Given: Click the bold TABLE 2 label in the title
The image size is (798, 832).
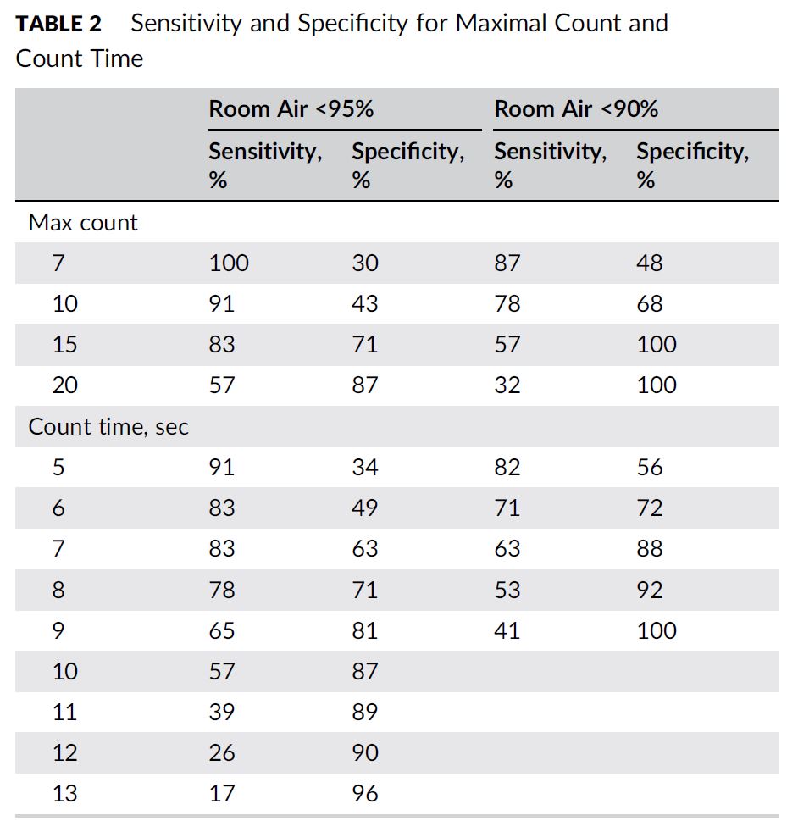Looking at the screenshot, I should click(58, 24).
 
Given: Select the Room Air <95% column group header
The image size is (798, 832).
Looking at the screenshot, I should click(291, 109).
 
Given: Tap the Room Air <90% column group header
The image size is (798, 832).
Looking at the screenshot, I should click(576, 109).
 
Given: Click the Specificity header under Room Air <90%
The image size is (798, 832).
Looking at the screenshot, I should click(692, 165).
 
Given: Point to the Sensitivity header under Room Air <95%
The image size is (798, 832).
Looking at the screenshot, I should click(265, 165).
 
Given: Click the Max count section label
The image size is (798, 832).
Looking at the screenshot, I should click(83, 223).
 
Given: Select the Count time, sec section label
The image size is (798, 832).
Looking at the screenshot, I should click(108, 427).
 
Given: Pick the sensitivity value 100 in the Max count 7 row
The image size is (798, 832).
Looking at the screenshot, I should click(229, 263).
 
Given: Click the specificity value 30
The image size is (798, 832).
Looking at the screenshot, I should click(365, 263).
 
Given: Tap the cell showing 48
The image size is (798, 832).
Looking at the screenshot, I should click(650, 263).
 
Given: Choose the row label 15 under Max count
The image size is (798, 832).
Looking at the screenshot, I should click(64, 345).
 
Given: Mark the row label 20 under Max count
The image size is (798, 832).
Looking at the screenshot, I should click(64, 385).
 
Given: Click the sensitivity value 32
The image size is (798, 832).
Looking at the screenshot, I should click(507, 385).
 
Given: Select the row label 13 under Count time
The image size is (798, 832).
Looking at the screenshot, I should click(64, 794).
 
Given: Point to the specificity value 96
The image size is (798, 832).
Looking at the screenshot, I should click(365, 794).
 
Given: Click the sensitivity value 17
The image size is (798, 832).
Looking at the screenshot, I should click(222, 794).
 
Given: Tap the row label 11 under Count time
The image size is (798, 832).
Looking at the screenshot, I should click(64, 713).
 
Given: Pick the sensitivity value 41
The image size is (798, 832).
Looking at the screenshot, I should click(507, 631).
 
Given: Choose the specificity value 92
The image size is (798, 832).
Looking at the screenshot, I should click(650, 591).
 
